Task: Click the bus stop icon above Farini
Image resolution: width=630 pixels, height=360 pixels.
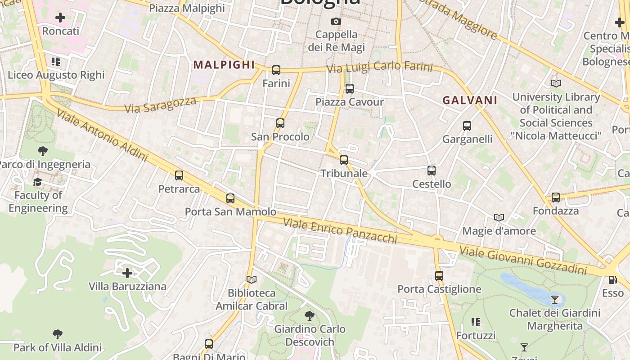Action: pyautogui.click(x=276, y=70)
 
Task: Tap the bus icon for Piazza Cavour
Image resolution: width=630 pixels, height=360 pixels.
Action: pyautogui.click(x=350, y=89)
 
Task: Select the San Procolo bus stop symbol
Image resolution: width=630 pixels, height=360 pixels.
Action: pyautogui.click(x=280, y=123)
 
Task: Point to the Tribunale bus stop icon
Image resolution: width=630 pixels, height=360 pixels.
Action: pyautogui.click(x=344, y=160)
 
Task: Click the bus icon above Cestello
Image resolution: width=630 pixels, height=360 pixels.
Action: pyautogui.click(x=432, y=171)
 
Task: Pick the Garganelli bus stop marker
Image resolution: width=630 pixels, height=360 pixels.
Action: pyautogui.click(x=467, y=126)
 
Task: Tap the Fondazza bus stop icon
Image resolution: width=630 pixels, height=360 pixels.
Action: pyautogui.click(x=556, y=198)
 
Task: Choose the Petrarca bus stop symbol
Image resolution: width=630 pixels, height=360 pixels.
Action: pyautogui.click(x=179, y=175)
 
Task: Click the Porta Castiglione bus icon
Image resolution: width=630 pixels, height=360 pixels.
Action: pyautogui.click(x=439, y=276)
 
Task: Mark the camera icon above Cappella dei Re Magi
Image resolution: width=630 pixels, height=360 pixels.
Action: pyautogui.click(x=336, y=21)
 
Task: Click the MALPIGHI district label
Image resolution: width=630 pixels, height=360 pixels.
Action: pyautogui.click(x=225, y=65)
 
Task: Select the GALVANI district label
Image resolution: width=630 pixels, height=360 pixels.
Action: pyautogui.click(x=470, y=100)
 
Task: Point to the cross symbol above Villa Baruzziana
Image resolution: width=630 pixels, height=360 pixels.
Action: pyautogui.click(x=127, y=273)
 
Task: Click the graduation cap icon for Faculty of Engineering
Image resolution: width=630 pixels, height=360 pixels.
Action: pyautogui.click(x=37, y=182)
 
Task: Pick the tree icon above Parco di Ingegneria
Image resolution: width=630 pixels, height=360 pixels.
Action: pyautogui.click(x=43, y=151)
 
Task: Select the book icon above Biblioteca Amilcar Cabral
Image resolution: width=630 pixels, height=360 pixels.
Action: pyautogui.click(x=252, y=280)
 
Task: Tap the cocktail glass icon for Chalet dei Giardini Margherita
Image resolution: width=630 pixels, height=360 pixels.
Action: pyautogui.click(x=555, y=299)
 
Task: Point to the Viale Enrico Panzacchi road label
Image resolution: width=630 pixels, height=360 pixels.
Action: pyautogui.click(x=340, y=230)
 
